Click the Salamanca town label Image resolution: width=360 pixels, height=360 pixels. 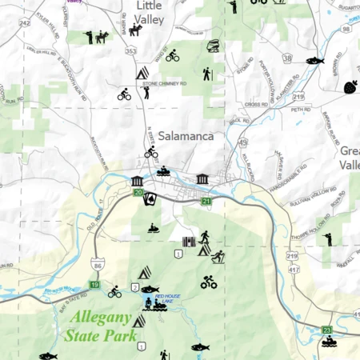coord(186,136)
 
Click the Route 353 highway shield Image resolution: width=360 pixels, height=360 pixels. coord(131,50)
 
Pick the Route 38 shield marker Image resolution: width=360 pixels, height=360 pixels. coord(286,58)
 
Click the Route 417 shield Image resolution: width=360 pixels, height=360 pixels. coord(294,270)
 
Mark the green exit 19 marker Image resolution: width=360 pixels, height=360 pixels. coord(94,284)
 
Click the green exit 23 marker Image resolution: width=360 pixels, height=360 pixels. coord(326,329)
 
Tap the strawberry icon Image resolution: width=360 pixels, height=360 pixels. coord(350,86)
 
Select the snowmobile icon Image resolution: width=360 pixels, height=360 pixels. coord(153,228)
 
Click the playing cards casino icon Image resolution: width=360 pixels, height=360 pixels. coord(150,199)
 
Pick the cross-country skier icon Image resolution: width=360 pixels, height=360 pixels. coord(218,256)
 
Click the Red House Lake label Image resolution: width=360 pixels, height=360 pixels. coord(168,297)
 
